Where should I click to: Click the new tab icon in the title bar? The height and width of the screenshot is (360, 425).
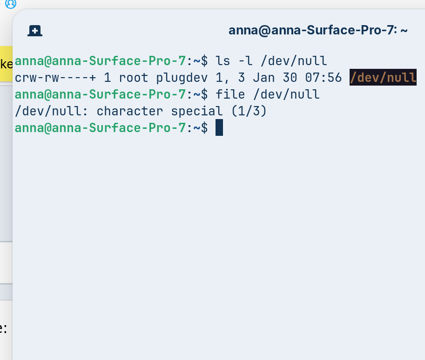(x=35, y=31)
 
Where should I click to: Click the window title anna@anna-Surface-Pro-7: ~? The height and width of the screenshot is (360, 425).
(x=318, y=31)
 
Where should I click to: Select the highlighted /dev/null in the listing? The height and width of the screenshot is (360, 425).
(x=383, y=77)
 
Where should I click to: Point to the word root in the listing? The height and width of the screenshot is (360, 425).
(x=134, y=78)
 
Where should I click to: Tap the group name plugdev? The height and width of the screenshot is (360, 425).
(x=182, y=78)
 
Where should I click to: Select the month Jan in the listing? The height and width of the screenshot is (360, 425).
(x=264, y=78)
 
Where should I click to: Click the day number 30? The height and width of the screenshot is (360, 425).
(x=290, y=78)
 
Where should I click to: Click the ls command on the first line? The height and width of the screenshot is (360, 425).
(x=223, y=61)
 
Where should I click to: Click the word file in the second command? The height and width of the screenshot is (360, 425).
(x=230, y=94)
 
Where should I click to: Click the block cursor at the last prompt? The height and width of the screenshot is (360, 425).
(x=219, y=128)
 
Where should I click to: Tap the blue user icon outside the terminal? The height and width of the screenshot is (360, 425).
(x=10, y=4)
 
